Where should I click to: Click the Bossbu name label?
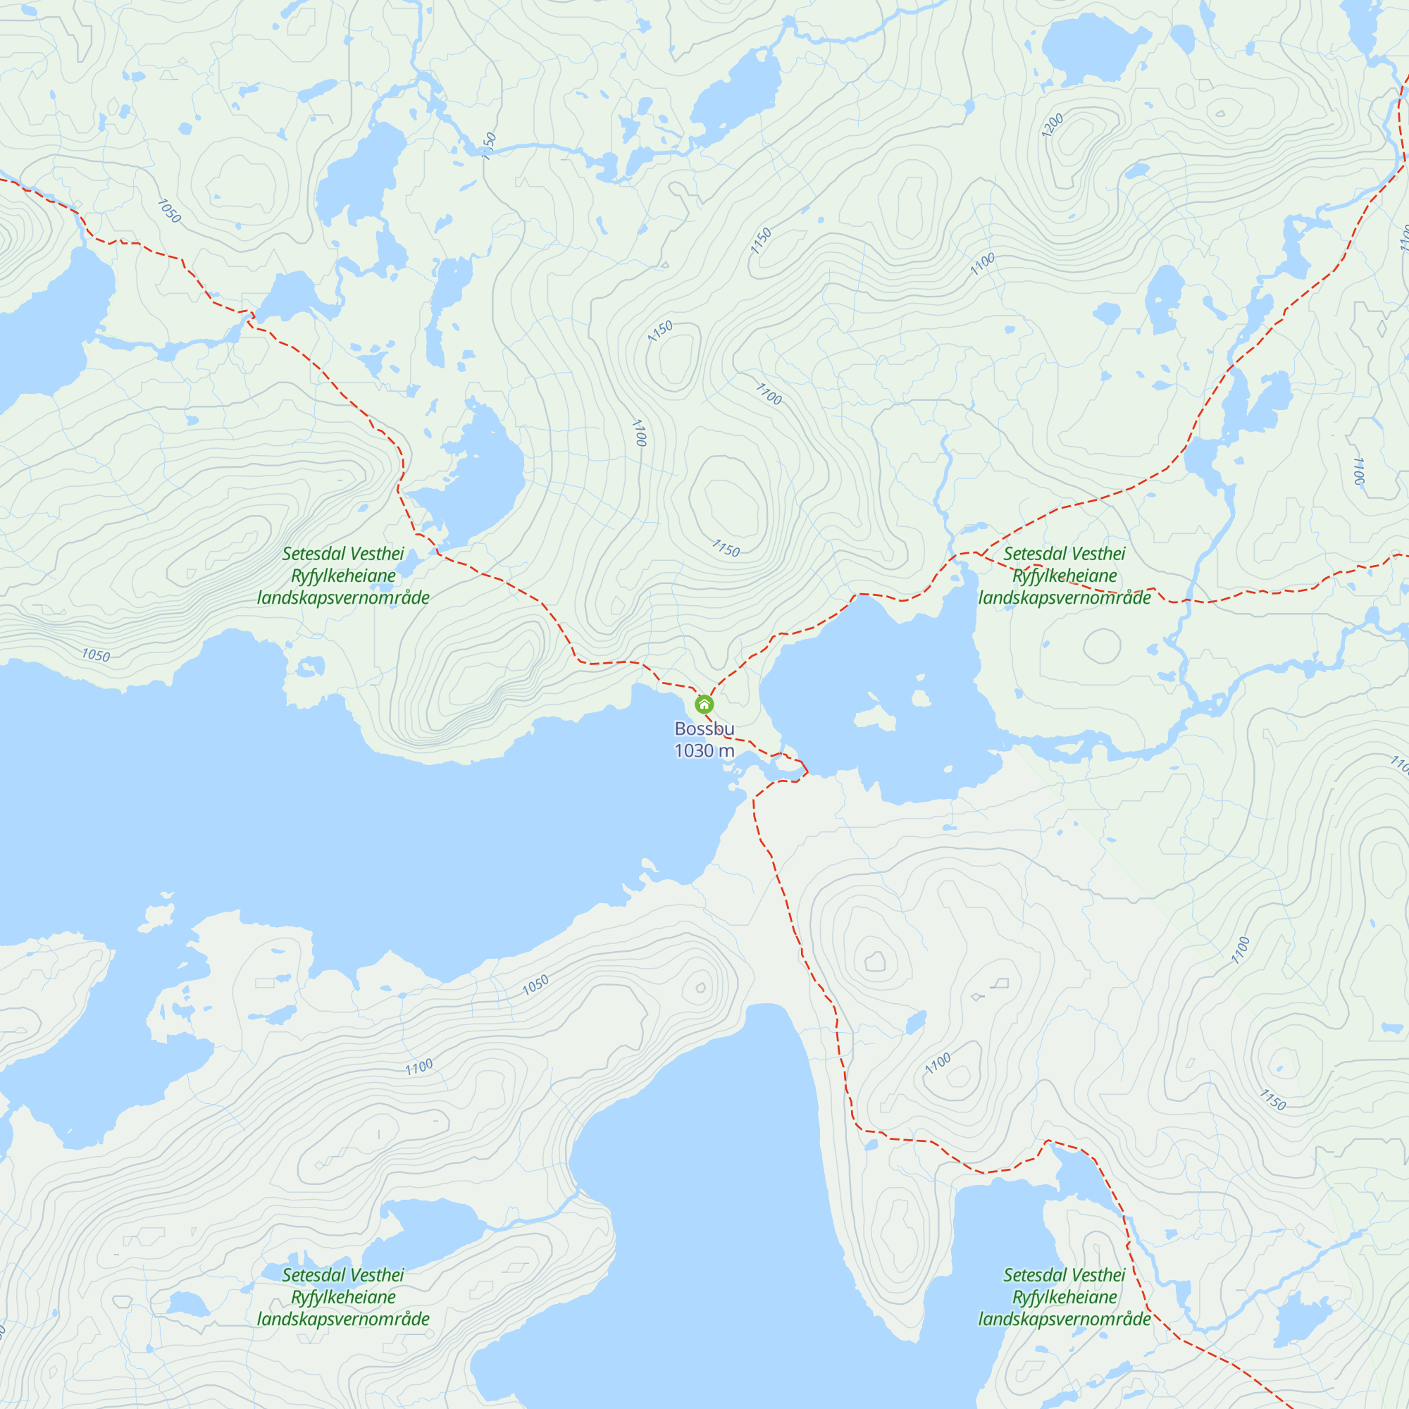pos(704,728)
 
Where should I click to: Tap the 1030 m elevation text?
pos(704,750)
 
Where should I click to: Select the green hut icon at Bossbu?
pos(704,704)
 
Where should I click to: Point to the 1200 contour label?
pos(1053,125)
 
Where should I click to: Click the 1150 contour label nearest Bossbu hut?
pos(726,547)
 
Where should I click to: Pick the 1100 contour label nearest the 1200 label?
pos(982,264)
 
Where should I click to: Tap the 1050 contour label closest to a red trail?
pos(169,211)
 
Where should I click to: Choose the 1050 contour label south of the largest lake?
pos(535,986)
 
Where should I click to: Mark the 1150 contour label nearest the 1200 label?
pos(761,241)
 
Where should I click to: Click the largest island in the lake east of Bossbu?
pos(874,719)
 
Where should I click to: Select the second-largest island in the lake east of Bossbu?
pos(921,699)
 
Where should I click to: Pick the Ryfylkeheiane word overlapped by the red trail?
pos(1064,576)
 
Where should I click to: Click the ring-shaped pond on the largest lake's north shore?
pos(310,666)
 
